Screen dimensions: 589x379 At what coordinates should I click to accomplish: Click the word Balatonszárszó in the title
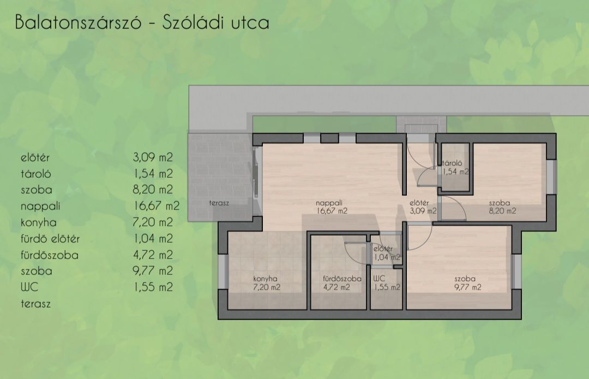pos(78,22)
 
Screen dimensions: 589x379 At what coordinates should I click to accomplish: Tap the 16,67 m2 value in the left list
pos(157,206)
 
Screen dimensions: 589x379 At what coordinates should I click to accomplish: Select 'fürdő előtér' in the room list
pos(50,238)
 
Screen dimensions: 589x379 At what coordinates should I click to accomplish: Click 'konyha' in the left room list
pos(39,222)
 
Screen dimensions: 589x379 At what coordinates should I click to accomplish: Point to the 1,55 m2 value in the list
pos(153,287)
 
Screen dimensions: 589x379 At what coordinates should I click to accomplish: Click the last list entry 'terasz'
pos(35,304)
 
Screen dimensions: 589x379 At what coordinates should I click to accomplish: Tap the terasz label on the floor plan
pos(219,203)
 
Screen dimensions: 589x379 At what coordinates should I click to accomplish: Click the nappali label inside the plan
pos(329,203)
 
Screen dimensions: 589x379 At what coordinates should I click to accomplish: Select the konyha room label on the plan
pos(265,279)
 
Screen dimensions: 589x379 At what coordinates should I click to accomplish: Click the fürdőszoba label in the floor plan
pos(342,279)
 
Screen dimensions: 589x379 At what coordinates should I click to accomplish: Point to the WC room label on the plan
pos(379,279)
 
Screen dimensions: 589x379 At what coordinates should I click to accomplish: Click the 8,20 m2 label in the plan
pos(502,211)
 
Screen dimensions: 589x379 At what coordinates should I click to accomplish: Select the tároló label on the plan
pos(452,164)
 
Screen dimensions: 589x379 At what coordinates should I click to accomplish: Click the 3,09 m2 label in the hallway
pos(423,211)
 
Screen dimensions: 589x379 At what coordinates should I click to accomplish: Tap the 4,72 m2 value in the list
pos(153,255)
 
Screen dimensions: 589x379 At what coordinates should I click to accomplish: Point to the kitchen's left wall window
pos(223,272)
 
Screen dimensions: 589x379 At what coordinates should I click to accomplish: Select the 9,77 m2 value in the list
pos(153,271)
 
